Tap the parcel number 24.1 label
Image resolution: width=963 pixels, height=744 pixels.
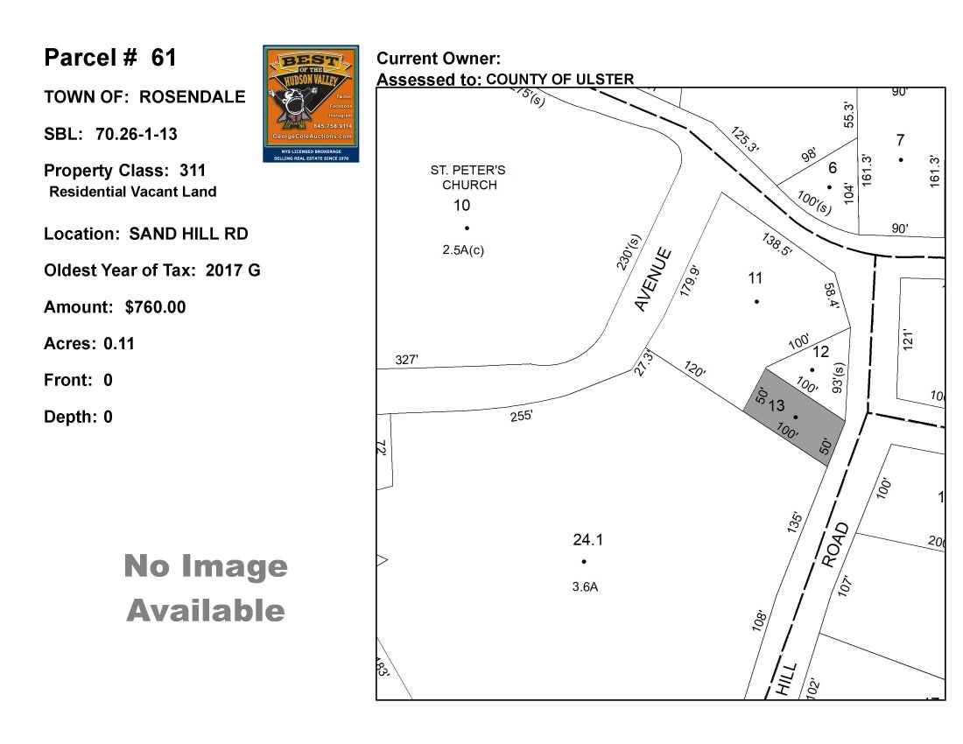coord(588,540)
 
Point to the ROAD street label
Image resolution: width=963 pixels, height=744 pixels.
coord(835,545)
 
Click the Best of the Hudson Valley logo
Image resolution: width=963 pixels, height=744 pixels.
coord(311,103)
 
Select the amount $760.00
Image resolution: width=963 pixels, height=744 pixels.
coord(155,307)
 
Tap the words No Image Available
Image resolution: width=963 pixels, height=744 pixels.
coord(206,587)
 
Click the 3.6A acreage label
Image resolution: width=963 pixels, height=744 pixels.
coord(585,587)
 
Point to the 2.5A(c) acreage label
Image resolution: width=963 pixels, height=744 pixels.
coord(463,249)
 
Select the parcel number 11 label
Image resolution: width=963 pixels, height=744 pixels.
coord(756,278)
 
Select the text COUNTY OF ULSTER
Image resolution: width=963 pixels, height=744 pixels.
coord(559,80)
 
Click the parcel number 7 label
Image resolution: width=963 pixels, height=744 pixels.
coord(900,139)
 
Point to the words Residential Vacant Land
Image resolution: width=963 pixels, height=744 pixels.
coord(132,192)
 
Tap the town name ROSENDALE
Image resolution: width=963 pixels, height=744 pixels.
coord(193,97)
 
